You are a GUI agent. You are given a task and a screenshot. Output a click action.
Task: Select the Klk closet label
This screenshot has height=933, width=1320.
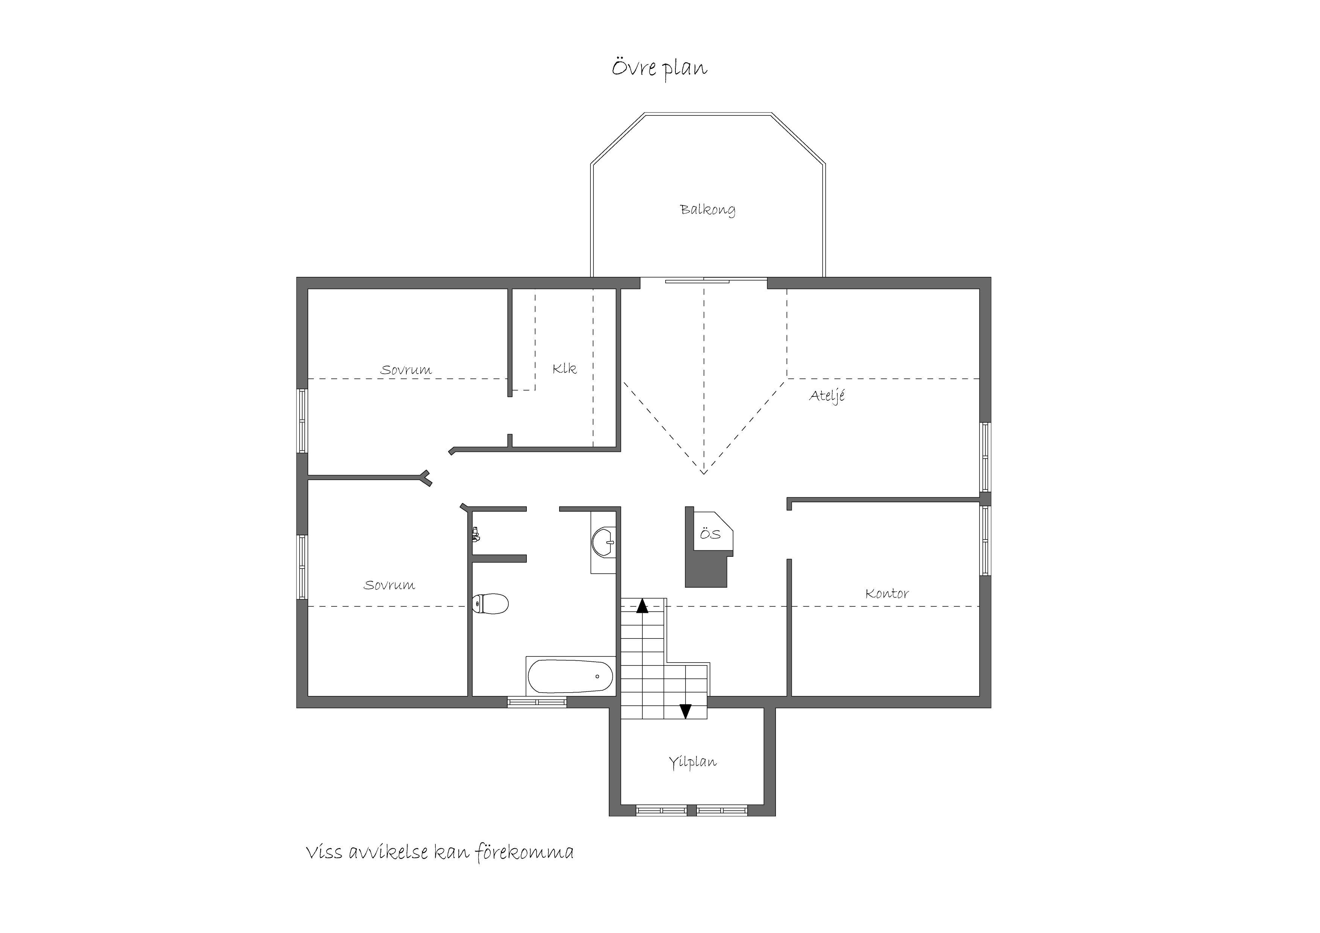pyautogui.click(x=564, y=368)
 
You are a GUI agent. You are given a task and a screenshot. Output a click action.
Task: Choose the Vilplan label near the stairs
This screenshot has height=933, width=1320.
pyautogui.click(x=692, y=762)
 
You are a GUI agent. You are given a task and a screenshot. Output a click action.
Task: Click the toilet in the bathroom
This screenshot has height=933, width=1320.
pyautogui.click(x=490, y=603)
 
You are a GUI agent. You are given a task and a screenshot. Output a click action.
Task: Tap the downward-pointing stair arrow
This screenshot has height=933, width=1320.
pyautogui.click(x=685, y=711)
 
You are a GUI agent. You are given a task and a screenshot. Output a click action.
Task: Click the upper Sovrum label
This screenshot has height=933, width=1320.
pyautogui.click(x=406, y=370)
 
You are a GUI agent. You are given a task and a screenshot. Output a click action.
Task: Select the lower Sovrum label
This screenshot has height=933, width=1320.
pyautogui.click(x=389, y=585)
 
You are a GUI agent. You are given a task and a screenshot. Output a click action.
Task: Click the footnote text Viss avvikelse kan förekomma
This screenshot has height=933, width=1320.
pyautogui.click(x=440, y=852)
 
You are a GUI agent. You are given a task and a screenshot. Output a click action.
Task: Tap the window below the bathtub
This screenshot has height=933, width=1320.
pyautogui.click(x=537, y=702)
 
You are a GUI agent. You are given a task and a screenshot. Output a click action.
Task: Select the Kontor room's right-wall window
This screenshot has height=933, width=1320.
pyautogui.click(x=985, y=540)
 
